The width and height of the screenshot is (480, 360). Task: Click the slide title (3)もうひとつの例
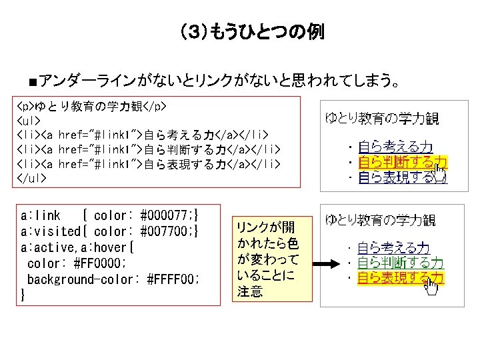(251, 31)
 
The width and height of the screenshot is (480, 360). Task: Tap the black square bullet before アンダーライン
(32, 82)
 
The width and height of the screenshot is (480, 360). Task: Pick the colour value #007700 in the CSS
(165, 232)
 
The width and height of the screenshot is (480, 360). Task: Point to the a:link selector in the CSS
(40, 216)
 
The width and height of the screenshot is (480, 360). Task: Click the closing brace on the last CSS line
(23, 295)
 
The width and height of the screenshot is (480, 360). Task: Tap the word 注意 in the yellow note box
(250, 291)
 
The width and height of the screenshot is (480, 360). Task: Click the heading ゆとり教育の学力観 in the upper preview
(381, 119)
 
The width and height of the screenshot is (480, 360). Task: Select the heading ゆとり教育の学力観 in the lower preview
(381, 220)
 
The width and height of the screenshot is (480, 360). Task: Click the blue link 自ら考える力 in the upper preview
(395, 147)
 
